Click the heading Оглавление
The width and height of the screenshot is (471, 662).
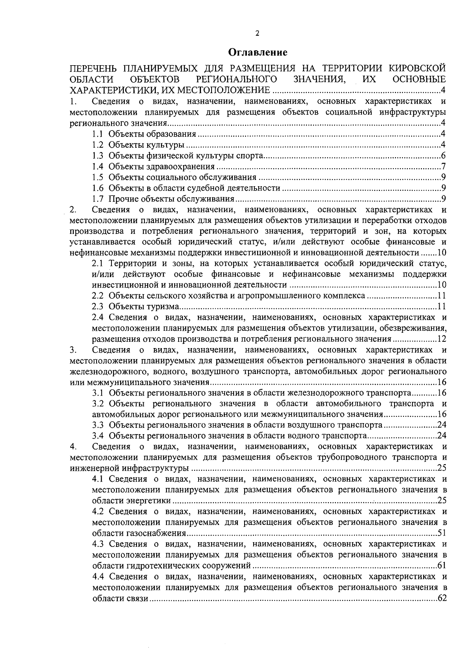[258, 52]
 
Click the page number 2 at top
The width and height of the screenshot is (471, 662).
[257, 33]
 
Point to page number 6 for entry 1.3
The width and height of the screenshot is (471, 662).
[443, 156]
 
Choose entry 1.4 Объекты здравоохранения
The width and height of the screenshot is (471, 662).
[161, 167]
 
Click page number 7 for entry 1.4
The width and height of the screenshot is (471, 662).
[443, 167]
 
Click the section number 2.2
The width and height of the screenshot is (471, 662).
[98, 295]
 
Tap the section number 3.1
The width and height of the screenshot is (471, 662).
[98, 393]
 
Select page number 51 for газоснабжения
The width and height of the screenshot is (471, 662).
[442, 534]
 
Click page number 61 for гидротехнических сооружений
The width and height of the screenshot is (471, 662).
[442, 566]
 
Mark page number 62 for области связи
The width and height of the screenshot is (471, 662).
[442, 599]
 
